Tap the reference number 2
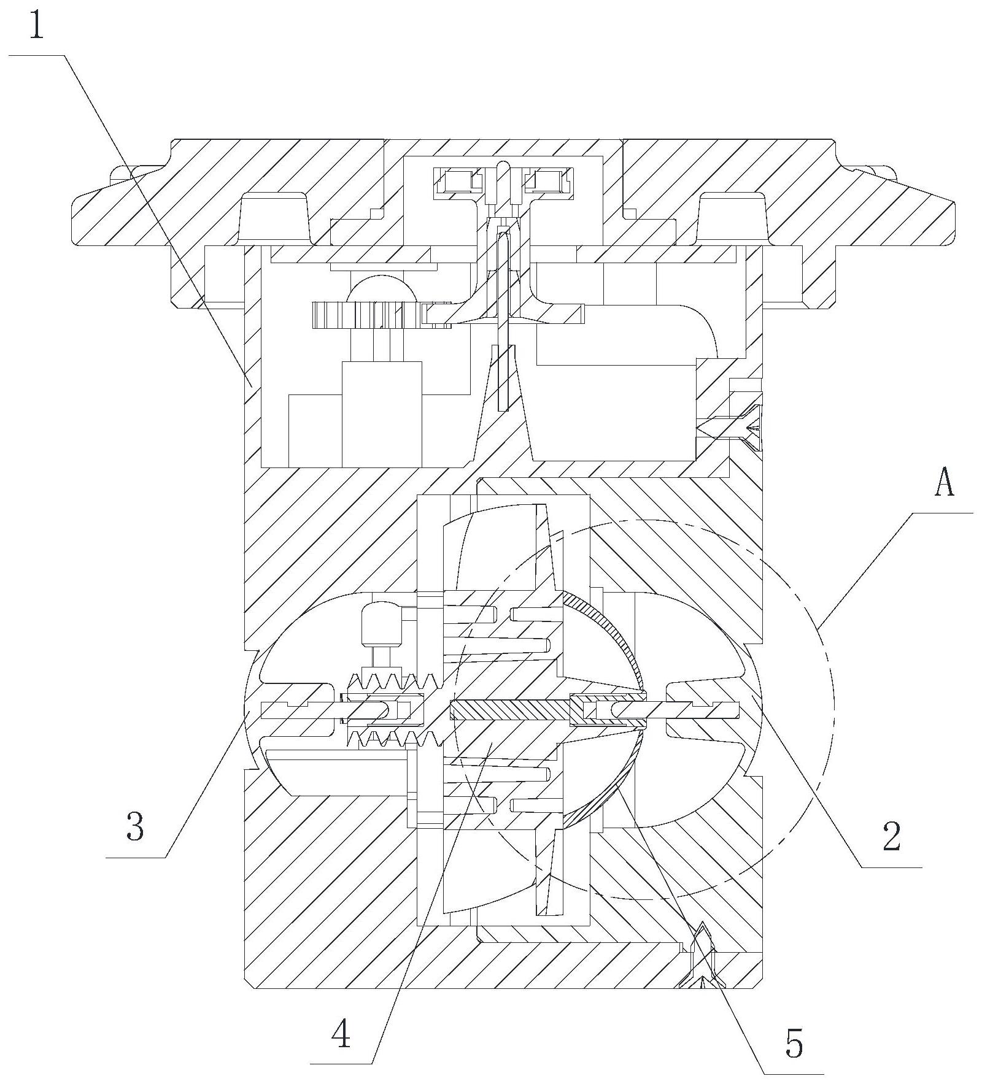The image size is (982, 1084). click(891, 835)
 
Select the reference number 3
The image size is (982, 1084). click(134, 826)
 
